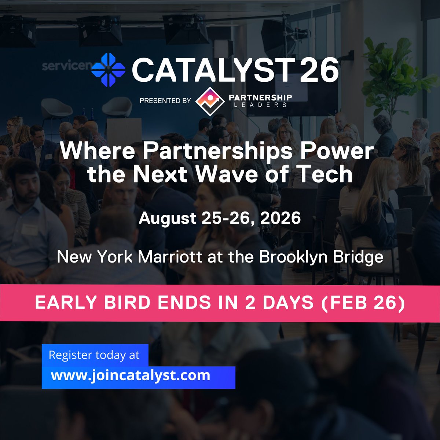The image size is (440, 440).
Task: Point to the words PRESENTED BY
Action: click(165, 100)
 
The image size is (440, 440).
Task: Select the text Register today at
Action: click(94, 355)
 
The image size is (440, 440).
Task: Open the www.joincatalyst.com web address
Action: click(131, 375)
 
